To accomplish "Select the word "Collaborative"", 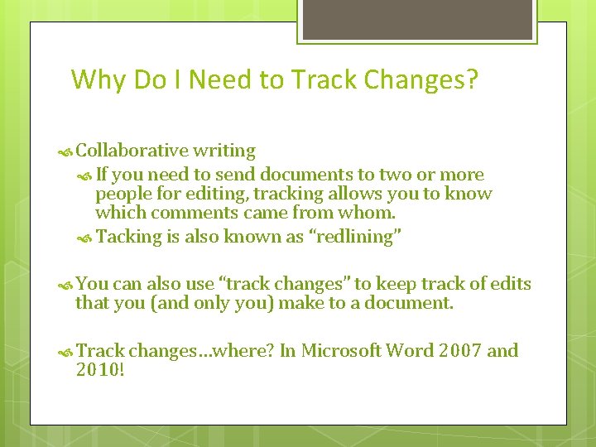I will click(132, 151).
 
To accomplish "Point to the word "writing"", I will click(223, 151).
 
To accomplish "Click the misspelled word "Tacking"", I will click(129, 237).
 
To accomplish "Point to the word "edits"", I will click(510, 284).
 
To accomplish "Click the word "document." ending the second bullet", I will click(416, 303).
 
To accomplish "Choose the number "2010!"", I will click(100, 370).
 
